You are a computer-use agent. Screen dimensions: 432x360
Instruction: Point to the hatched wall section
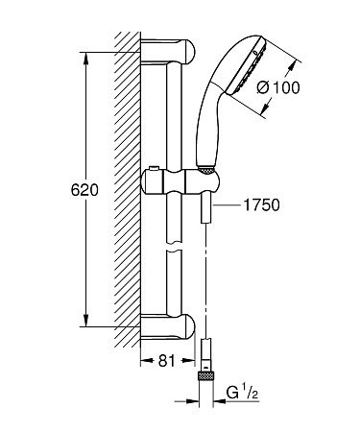[x=126, y=192]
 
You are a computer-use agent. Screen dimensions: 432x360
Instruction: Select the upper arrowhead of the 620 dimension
[x=84, y=46]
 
